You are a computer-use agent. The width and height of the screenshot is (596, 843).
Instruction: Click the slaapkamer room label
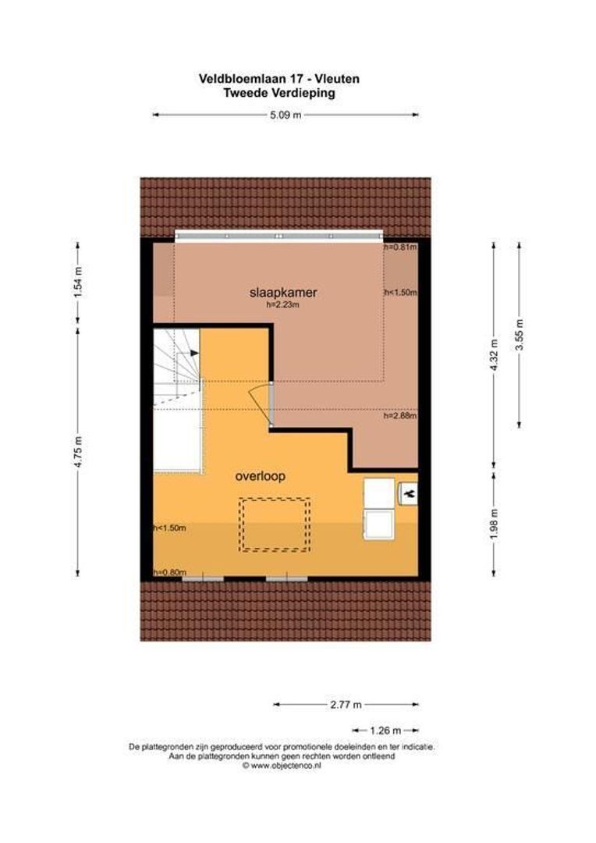(x=284, y=293)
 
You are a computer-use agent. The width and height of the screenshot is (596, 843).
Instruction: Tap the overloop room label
(x=261, y=475)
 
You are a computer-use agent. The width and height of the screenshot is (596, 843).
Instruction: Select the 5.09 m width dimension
(x=286, y=115)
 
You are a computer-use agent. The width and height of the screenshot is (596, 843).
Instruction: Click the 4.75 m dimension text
(x=76, y=451)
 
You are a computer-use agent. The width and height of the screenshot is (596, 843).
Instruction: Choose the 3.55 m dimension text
(x=520, y=334)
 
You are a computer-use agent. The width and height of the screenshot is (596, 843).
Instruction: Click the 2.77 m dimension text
(x=346, y=704)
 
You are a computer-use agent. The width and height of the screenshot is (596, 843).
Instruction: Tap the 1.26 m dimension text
(x=385, y=731)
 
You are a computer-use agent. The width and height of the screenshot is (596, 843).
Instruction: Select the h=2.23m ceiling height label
(x=283, y=306)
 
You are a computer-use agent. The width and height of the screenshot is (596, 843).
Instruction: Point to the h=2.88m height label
(x=400, y=416)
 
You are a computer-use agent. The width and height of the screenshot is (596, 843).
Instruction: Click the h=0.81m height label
(x=400, y=247)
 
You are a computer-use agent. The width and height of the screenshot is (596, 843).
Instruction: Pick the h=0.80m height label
(x=170, y=572)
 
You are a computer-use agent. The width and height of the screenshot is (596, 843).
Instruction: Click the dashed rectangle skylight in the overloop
(x=274, y=525)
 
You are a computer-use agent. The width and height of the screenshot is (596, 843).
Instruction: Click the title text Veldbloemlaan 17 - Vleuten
(x=278, y=79)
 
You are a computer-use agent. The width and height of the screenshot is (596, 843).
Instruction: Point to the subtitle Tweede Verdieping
(x=278, y=92)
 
